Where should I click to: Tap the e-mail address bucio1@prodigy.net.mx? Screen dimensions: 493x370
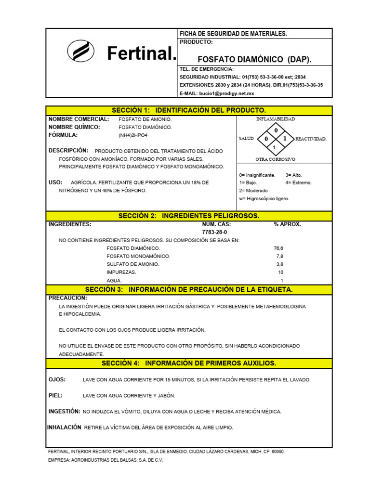(x=217, y=93)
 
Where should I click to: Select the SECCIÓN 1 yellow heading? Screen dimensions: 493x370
(x=188, y=110)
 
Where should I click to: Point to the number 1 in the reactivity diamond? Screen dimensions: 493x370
(x=285, y=138)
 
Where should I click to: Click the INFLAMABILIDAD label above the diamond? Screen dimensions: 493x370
(x=276, y=118)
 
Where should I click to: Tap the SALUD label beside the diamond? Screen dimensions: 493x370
(x=246, y=139)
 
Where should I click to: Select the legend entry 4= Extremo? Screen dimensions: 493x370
(x=298, y=183)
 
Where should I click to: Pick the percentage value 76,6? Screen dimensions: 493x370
(x=278, y=248)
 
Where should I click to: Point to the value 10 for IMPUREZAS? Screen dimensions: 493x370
(x=280, y=272)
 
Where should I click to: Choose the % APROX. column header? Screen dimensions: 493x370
(x=287, y=224)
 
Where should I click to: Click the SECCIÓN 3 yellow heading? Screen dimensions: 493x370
(x=188, y=289)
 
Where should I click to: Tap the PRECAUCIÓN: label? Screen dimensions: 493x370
(x=68, y=298)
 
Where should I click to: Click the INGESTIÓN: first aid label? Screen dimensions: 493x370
(x=64, y=412)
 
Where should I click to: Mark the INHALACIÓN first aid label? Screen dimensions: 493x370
(x=64, y=428)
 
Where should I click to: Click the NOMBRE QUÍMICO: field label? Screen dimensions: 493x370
(x=74, y=127)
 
